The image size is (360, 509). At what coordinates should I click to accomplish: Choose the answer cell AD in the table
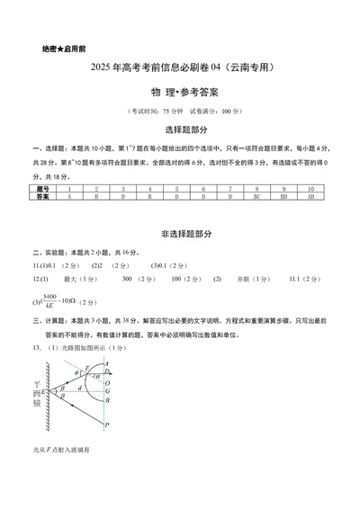pyautogui.click(x=310, y=195)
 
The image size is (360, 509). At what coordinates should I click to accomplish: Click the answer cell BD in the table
pyautogui.click(x=283, y=195)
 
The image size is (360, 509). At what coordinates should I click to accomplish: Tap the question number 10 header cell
pyautogui.click(x=310, y=188)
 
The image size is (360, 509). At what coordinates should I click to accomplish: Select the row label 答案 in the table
pyautogui.click(x=43, y=195)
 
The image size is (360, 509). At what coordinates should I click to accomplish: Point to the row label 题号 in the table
pyautogui.click(x=43, y=188)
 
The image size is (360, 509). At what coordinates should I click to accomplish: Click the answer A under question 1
pyautogui.click(x=69, y=195)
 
